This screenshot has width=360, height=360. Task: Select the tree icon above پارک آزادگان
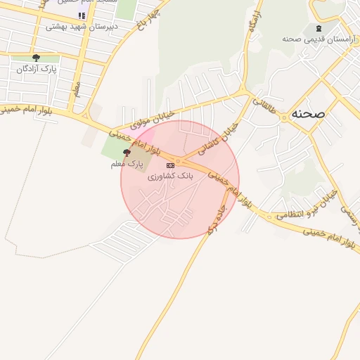(36, 58)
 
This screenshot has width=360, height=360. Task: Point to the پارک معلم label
(127, 163)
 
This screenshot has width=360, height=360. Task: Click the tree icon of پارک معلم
(127, 152)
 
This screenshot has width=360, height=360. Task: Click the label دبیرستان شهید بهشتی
(82, 27)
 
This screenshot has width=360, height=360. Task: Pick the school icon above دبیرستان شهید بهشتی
(82, 15)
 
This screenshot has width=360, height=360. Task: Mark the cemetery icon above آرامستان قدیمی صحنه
(319, 27)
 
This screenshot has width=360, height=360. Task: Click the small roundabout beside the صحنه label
(284, 117)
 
